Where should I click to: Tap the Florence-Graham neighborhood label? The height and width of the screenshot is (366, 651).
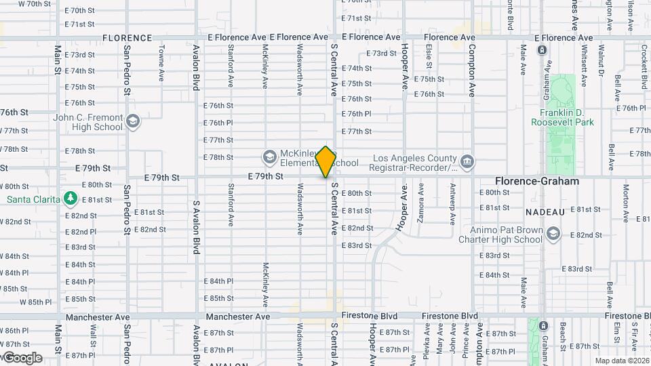[537, 182]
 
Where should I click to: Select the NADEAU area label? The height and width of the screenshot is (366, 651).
[545, 212]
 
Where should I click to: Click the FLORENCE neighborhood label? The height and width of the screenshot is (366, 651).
[127, 38]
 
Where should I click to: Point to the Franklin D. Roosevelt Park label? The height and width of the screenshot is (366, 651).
[566, 117]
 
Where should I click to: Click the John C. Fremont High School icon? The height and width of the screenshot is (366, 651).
[132, 122]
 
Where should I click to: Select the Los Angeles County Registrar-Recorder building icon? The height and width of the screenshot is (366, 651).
[467, 162]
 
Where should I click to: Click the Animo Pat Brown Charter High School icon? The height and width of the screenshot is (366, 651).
[553, 234]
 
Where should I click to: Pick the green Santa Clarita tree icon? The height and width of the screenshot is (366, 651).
[69, 198]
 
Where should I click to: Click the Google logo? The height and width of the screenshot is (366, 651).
[22, 358]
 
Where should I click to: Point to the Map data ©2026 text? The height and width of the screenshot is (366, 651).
[621, 361]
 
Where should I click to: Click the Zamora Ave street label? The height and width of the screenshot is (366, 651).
[420, 203]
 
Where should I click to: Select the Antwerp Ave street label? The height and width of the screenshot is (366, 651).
[452, 203]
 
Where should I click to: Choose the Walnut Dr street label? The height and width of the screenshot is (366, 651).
[599, 62]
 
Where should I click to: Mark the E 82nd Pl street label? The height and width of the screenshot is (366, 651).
[80, 232]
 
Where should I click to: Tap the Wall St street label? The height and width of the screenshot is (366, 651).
[93, 335]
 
